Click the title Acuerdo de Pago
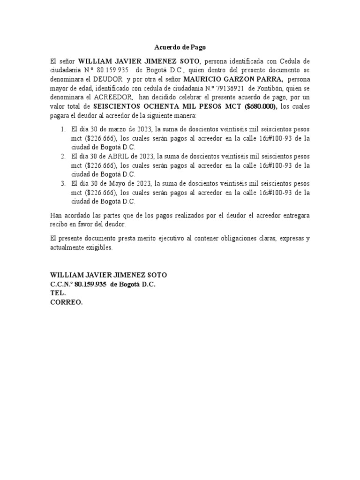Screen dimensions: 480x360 click(x=180, y=47)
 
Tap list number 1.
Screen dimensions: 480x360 click(x=63, y=129)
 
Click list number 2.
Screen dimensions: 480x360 click(x=63, y=156)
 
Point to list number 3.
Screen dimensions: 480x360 click(x=63, y=183)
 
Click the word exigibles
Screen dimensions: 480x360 click(x=99, y=247)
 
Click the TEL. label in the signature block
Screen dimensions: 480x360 click(x=58, y=293)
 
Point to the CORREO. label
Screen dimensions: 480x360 click(x=67, y=302)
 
